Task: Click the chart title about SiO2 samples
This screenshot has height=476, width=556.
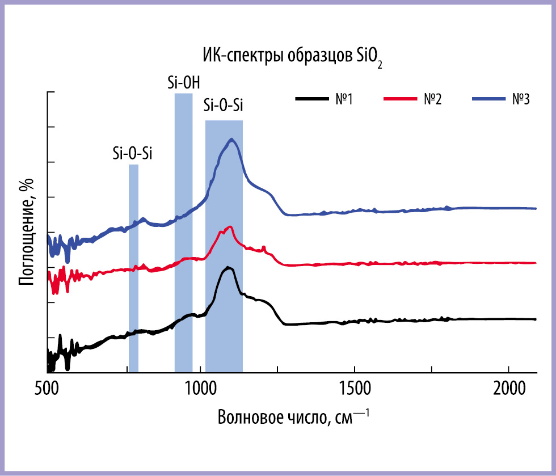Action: point(293,57)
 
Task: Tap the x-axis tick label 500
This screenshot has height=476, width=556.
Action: point(47,389)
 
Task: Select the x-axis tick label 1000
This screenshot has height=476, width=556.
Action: point(200,389)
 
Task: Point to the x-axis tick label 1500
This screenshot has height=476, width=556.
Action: point(355,389)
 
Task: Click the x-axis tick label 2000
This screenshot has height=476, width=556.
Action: point(509,389)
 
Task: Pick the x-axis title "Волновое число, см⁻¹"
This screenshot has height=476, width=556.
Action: point(293,417)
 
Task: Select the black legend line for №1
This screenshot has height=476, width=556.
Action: point(311,99)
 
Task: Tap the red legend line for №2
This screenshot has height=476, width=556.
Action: point(401,99)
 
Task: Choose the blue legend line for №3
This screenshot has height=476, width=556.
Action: point(488,99)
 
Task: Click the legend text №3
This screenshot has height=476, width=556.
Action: point(521,99)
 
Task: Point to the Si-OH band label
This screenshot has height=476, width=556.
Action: point(184,83)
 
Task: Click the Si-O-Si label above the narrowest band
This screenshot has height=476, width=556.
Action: point(133,154)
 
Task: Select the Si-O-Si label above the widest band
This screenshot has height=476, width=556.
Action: point(224,106)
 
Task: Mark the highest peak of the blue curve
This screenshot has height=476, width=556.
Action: point(232,140)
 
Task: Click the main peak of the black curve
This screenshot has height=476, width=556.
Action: point(229,268)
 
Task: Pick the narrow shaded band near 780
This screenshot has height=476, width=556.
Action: point(133,268)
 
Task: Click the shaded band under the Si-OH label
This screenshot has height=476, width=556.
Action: point(184,233)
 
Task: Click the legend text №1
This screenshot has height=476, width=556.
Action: point(344,99)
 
